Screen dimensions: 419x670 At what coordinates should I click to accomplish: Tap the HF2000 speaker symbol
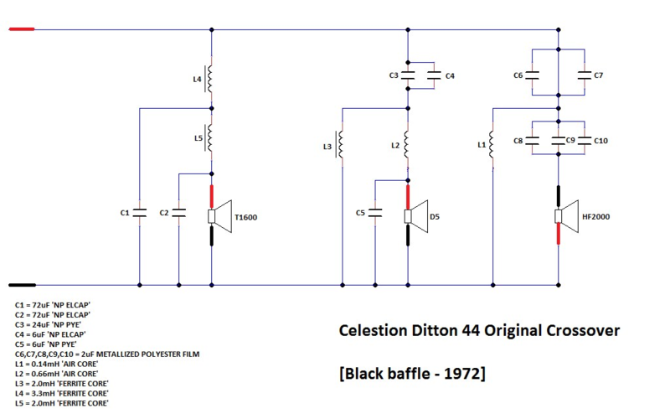tap(565, 216)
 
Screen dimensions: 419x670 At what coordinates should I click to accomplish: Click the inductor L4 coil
tap(211, 79)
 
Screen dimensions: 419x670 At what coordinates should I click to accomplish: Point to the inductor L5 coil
tap(211, 139)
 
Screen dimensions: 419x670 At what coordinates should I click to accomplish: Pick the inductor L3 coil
tap(342, 146)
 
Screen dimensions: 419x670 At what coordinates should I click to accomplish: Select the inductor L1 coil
tap(493, 144)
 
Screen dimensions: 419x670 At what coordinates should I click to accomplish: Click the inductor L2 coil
tap(407, 144)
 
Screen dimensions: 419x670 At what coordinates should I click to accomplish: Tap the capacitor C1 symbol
tap(140, 213)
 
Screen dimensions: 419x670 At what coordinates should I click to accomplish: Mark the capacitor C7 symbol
tap(584, 75)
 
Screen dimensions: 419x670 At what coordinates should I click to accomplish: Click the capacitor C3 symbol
tap(407, 75)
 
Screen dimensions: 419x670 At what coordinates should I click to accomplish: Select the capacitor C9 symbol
tap(559, 141)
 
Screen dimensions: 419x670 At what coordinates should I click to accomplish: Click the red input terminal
tap(22, 30)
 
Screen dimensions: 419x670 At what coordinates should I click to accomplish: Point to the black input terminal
tap(22, 285)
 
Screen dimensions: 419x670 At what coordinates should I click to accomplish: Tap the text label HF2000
tap(595, 217)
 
